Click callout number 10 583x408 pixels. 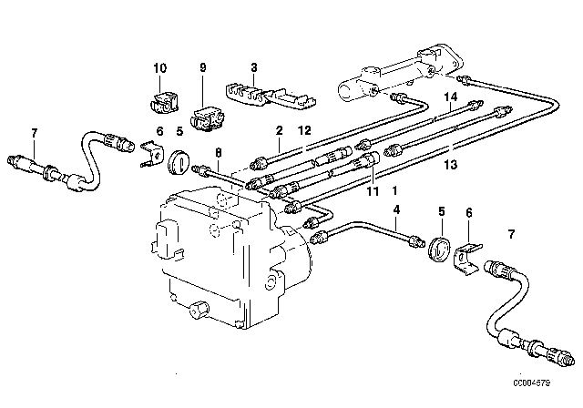(x=159, y=68)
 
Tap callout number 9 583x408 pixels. (x=203, y=68)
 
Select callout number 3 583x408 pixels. (x=254, y=68)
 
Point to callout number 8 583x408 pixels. (x=218, y=152)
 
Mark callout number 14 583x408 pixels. (x=448, y=97)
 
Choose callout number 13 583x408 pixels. (x=448, y=165)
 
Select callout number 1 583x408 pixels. (x=394, y=192)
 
